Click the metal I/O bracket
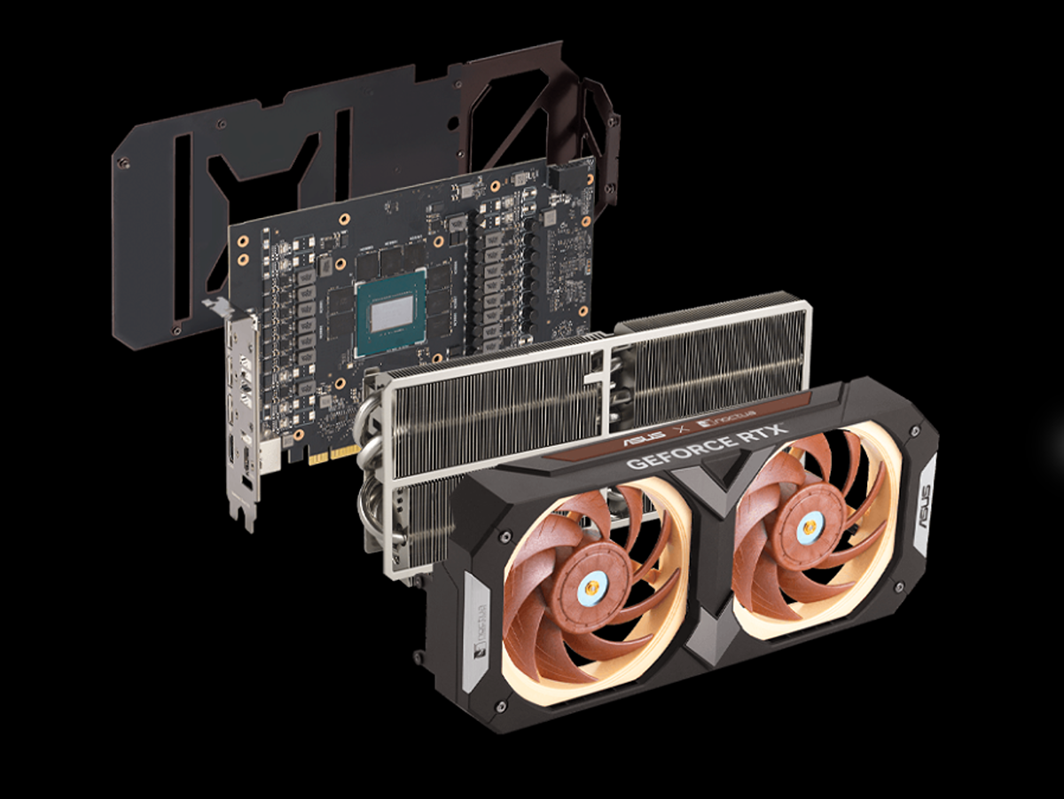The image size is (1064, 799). point(239,417)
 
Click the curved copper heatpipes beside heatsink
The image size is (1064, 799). point(368,470)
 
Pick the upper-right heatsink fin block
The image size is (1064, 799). point(709,355)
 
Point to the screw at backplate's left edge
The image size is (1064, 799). point(125,162)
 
